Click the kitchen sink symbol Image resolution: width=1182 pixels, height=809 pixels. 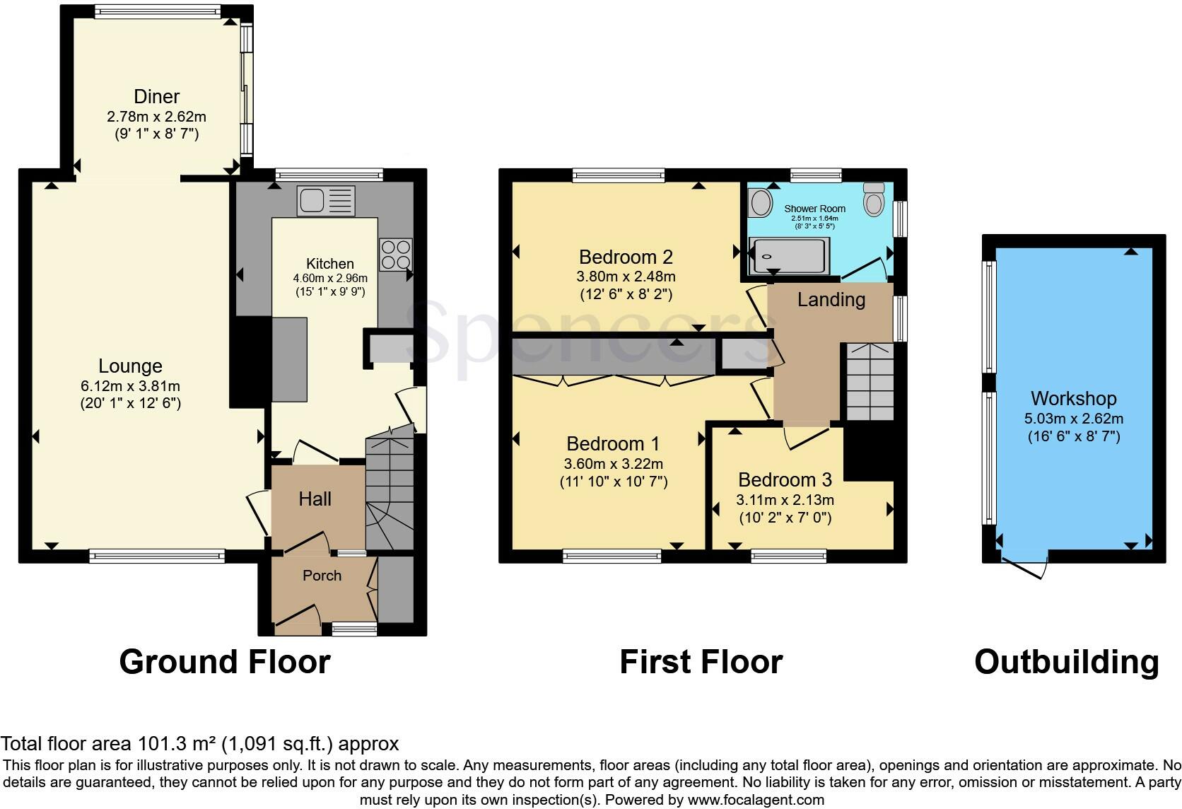pyautogui.click(x=326, y=201)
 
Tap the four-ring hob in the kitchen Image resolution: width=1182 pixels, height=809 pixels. pyautogui.click(x=395, y=255)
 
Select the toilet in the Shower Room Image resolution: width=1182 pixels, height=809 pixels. pyautogui.click(x=874, y=199)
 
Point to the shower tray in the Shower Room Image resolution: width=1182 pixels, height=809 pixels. pyautogui.click(x=790, y=256)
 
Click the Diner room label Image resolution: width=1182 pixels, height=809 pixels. pyautogui.click(x=156, y=96)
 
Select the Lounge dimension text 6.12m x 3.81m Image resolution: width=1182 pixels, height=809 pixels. pyautogui.click(x=130, y=386)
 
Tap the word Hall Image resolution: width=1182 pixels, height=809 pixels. pyautogui.click(x=315, y=499)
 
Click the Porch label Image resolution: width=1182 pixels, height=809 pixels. pyautogui.click(x=322, y=576)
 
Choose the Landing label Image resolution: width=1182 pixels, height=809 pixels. pyautogui.click(x=831, y=300)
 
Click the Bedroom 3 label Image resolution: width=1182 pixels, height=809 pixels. pyautogui.click(x=785, y=480)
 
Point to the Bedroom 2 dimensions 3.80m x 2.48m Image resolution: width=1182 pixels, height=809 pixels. pyautogui.click(x=626, y=277)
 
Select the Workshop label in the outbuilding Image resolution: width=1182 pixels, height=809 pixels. pyautogui.click(x=1073, y=399)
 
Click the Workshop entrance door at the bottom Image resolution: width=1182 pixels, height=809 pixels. pyautogui.click(x=1025, y=568)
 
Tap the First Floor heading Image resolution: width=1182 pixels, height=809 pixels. pyautogui.click(x=701, y=663)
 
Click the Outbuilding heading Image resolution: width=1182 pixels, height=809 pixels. pyautogui.click(x=1066, y=663)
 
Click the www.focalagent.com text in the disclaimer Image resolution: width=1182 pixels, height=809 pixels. pyautogui.click(x=756, y=801)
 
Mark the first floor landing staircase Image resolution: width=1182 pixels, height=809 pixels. pyautogui.click(x=870, y=383)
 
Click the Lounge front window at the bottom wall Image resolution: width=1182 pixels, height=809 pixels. pyautogui.click(x=157, y=557)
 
